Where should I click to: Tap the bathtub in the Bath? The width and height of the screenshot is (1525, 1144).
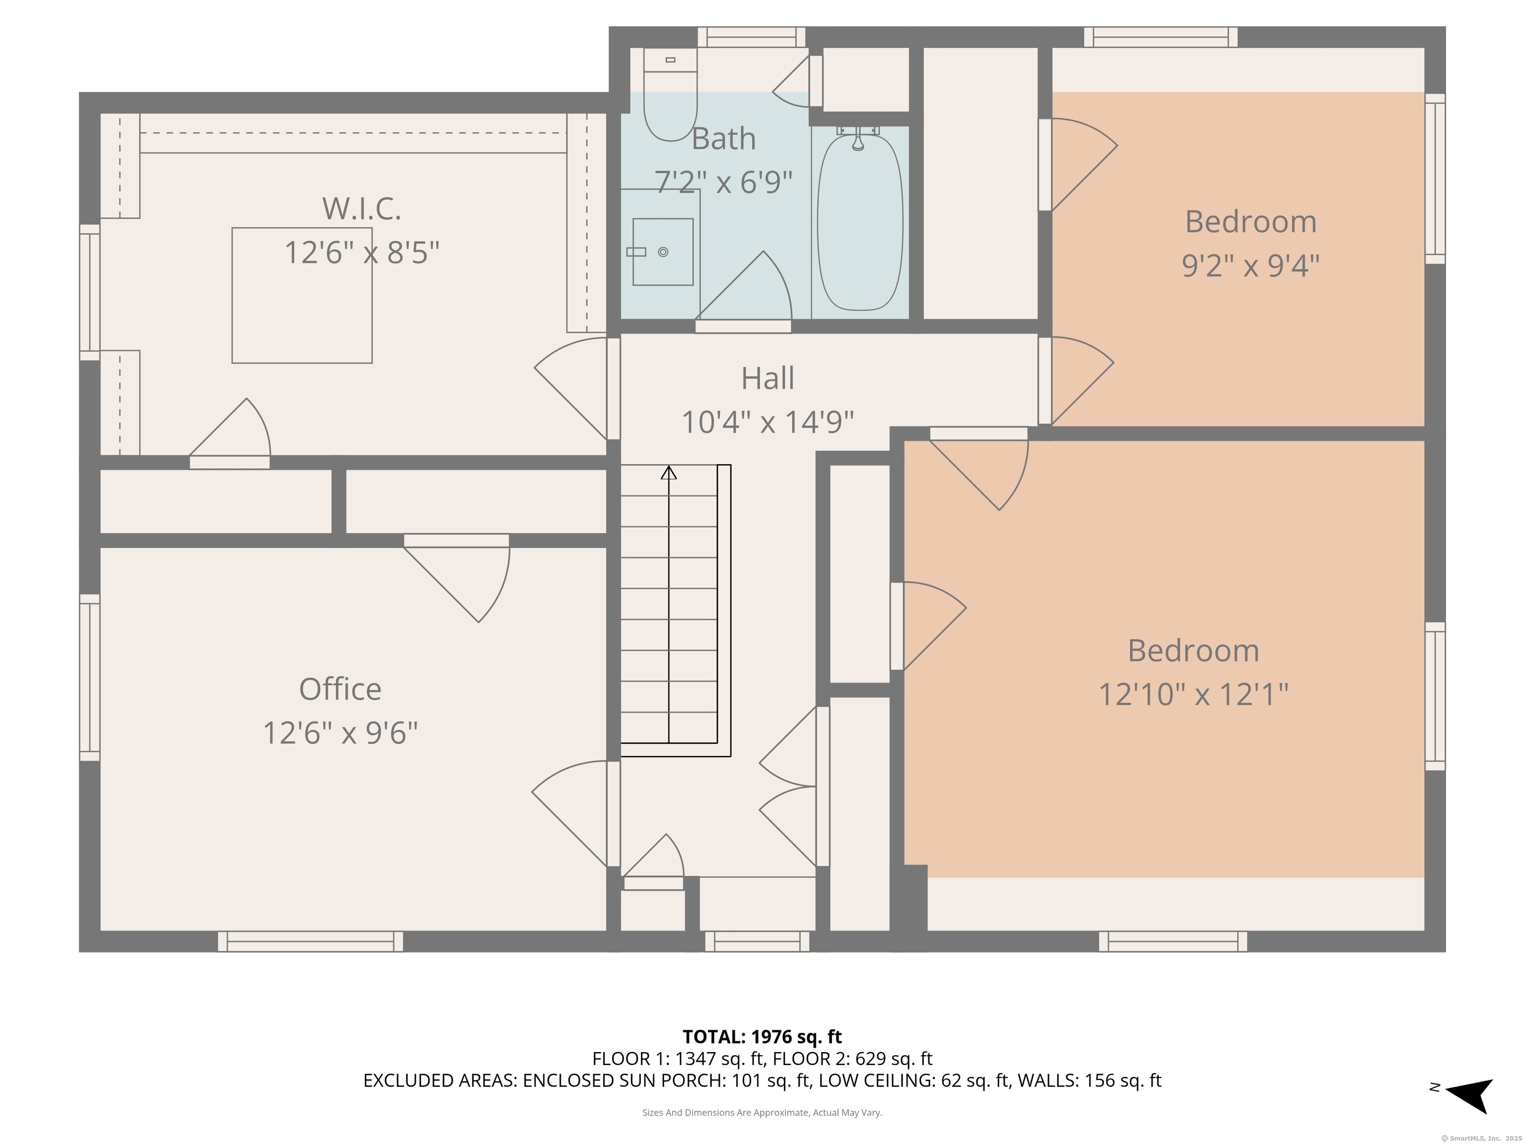(860, 222)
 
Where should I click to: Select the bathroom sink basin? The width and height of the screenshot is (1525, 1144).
(663, 252)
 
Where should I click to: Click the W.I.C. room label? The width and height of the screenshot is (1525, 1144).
(361, 209)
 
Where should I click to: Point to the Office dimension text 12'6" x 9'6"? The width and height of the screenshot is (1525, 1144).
(341, 733)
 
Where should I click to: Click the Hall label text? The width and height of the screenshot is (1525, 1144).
(767, 378)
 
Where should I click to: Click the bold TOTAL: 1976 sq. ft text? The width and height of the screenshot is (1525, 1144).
(762, 1036)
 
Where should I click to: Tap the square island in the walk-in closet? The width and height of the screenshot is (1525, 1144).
(302, 295)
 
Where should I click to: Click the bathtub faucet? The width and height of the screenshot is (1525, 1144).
(858, 138)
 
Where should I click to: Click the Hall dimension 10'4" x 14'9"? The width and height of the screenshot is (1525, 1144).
(767, 422)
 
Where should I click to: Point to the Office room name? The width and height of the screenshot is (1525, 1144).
(340, 689)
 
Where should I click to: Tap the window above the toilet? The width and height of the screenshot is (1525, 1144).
(752, 37)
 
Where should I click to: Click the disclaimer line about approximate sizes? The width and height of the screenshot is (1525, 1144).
(762, 1112)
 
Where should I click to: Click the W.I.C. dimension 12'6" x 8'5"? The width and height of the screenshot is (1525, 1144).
(361, 253)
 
